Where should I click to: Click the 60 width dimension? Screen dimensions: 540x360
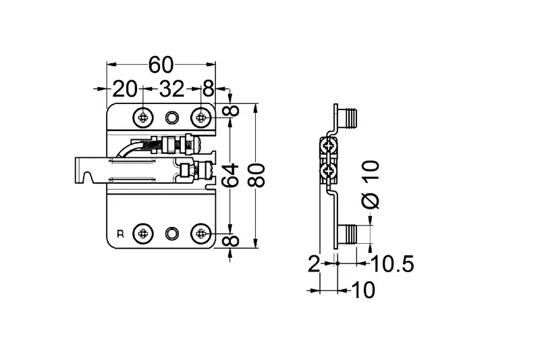161,65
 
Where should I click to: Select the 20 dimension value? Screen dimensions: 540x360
125,89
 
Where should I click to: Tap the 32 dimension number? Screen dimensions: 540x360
172,89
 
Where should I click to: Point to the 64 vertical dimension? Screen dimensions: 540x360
230,176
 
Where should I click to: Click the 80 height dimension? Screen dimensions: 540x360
256,176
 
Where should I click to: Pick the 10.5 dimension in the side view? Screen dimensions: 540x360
393,264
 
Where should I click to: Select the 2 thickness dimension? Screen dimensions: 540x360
314,264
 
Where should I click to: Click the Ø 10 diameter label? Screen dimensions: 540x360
371,184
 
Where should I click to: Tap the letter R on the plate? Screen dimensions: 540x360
121,234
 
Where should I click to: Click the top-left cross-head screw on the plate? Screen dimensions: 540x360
142,118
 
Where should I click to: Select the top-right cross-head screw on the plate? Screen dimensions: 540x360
200,118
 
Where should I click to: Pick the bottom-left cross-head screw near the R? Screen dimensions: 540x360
142,234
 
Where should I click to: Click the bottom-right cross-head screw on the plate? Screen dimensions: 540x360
200,234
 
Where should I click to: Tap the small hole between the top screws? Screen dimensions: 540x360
172,118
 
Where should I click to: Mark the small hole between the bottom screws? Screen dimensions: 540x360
172,234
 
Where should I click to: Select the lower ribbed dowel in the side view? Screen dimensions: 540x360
348,234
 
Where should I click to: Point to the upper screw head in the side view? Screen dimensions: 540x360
327,146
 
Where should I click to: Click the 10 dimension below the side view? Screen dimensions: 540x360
364,290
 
